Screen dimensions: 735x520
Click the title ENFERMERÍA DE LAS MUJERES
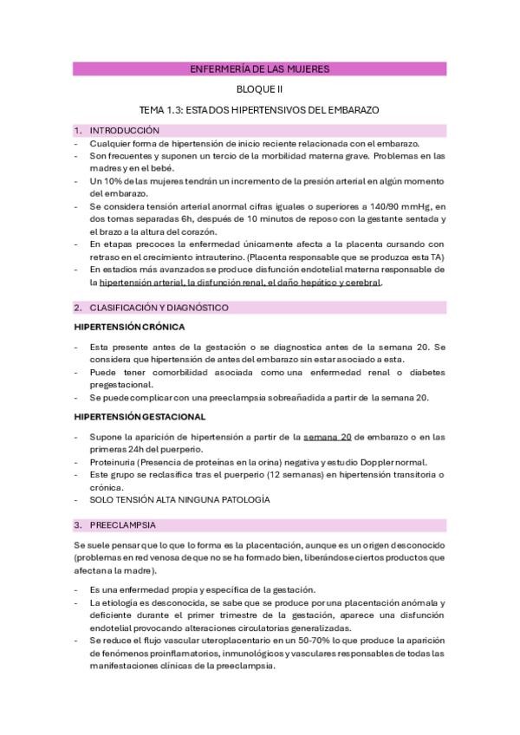click(259, 68)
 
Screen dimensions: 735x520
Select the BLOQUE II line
click(259, 89)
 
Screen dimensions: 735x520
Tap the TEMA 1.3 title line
click(259, 111)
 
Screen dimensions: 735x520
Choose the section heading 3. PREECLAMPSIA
click(126, 525)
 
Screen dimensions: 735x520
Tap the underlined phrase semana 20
click(327, 438)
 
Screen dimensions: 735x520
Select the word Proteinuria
click(114, 463)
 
